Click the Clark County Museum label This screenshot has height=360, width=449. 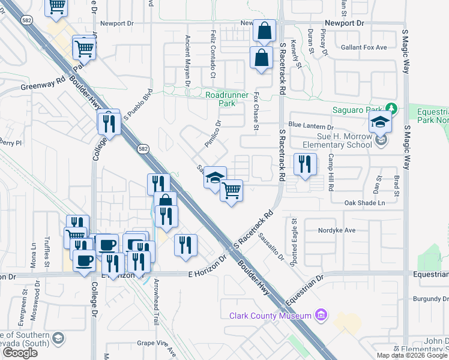(x=270, y=316)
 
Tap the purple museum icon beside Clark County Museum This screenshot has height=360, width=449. (x=322, y=315)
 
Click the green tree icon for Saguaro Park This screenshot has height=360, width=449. (x=391, y=109)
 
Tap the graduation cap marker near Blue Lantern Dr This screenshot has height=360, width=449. (x=380, y=122)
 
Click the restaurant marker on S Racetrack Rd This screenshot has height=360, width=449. (x=305, y=164)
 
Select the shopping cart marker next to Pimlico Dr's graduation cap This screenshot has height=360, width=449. (x=231, y=191)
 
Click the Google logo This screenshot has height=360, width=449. (x=20, y=353)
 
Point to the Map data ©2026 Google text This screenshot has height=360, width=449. (x=411, y=355)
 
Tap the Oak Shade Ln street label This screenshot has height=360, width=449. (x=364, y=203)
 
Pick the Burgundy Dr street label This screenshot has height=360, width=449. (x=430, y=298)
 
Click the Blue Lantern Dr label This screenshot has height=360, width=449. (x=310, y=127)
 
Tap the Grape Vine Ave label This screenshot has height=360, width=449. (x=155, y=343)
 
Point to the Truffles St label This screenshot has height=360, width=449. (x=47, y=253)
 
